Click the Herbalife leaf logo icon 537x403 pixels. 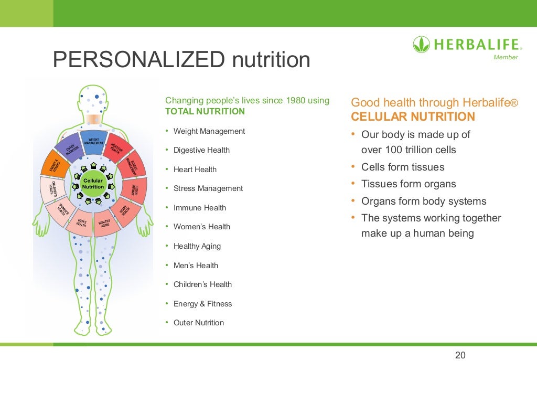[421, 44]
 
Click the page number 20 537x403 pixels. [460, 355]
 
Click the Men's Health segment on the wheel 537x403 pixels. [81, 222]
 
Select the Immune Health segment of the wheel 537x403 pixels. [134, 189]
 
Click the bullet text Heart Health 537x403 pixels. [195, 169]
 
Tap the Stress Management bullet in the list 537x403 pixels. [208, 188]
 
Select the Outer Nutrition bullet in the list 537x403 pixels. [198, 323]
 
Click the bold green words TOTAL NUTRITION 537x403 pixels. [205, 111]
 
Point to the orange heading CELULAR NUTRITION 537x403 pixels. [413, 116]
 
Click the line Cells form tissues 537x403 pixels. [403, 167]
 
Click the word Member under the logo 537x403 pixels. [506, 57]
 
